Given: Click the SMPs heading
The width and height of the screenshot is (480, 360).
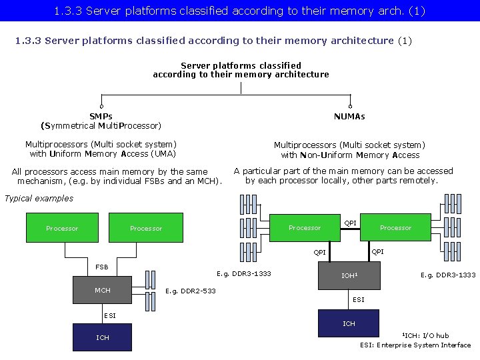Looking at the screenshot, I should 101,116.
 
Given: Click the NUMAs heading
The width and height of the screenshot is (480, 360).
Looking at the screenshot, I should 349,116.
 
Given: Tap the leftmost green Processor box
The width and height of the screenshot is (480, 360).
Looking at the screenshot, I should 62,228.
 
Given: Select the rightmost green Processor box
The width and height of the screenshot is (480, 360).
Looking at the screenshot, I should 396,227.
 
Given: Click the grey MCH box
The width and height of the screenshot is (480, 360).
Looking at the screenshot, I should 103,291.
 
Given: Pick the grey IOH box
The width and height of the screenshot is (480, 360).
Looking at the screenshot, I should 349,275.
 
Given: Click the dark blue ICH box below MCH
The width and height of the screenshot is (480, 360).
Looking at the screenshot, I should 103,337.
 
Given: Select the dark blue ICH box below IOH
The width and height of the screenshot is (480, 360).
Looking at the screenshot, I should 349,323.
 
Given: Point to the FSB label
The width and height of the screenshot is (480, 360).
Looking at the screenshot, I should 102,267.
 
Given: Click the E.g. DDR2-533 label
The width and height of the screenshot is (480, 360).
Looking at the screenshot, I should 190,291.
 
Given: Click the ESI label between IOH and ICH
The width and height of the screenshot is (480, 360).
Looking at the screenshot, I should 359,300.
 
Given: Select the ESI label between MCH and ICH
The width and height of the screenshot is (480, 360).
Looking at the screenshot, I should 110,315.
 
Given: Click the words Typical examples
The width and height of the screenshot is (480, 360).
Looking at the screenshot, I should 39,198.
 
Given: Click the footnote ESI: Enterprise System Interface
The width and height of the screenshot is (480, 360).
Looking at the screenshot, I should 415,345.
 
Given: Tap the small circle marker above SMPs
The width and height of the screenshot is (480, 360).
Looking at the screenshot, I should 101,106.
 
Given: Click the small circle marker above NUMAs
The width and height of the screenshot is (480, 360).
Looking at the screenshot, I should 350,106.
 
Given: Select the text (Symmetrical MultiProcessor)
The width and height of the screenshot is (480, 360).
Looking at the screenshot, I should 101,125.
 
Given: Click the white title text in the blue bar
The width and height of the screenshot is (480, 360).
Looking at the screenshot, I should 240,11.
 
